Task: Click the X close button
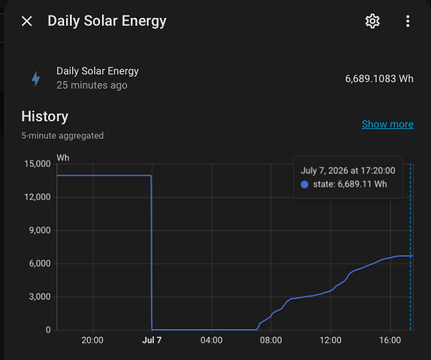(27, 21)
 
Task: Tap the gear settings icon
(373, 21)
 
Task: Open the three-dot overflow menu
(408, 21)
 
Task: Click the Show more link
(388, 125)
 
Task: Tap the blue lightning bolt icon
(36, 78)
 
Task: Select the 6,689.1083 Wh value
(379, 78)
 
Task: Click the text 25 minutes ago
(92, 85)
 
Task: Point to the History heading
(45, 117)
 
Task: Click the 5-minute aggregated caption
(63, 135)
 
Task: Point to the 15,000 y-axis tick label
(37, 164)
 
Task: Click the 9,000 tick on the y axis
(40, 230)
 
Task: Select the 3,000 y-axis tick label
(40, 297)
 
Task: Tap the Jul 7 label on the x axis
(152, 340)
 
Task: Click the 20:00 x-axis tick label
(92, 340)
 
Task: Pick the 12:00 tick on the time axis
(330, 340)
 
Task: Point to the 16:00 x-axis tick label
(390, 340)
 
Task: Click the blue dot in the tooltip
(304, 184)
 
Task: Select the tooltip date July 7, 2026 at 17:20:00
(348, 171)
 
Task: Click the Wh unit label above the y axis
(63, 158)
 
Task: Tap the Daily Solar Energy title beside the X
(107, 21)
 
